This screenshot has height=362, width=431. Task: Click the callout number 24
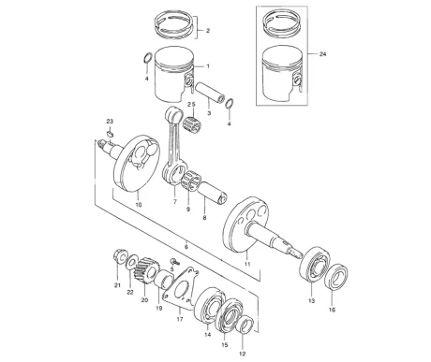coord(322,54)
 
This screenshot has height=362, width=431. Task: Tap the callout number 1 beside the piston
coord(208,66)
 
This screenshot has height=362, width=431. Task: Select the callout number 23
coord(110,121)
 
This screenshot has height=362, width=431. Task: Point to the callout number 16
coord(332,310)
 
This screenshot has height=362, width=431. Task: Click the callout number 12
coord(243,354)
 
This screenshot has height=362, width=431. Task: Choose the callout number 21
coord(117,285)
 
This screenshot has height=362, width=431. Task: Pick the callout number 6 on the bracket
coord(186,247)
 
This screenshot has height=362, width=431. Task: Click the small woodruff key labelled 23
coord(110,134)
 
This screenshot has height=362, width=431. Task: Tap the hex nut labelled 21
coord(119,256)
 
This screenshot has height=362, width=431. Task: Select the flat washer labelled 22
coord(132,262)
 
